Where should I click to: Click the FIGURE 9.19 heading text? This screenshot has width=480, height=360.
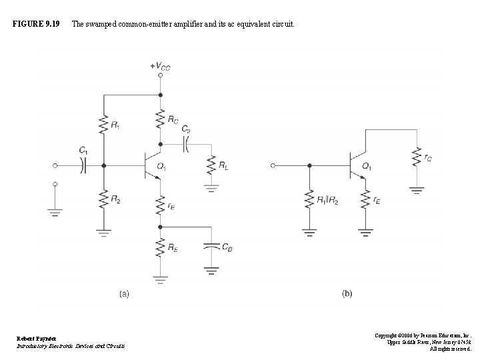(x=37, y=25)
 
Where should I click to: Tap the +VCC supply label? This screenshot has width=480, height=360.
(x=159, y=65)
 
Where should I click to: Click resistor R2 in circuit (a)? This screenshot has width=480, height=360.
(x=103, y=199)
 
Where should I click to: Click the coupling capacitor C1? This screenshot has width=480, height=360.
(x=83, y=166)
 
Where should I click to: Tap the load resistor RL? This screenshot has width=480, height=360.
(x=212, y=164)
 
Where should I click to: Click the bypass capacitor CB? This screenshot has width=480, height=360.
(x=211, y=248)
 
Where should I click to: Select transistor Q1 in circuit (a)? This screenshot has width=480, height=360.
(x=153, y=166)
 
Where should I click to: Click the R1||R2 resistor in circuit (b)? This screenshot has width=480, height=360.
(x=309, y=199)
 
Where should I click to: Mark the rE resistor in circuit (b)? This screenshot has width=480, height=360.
(x=365, y=199)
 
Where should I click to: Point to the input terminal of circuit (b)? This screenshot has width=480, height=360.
(x=273, y=166)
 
